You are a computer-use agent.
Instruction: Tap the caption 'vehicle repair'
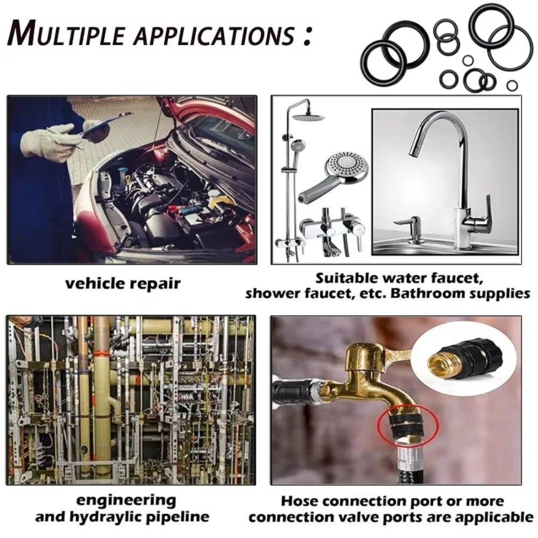click(123, 283)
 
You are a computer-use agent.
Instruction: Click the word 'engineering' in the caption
click(126, 500)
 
